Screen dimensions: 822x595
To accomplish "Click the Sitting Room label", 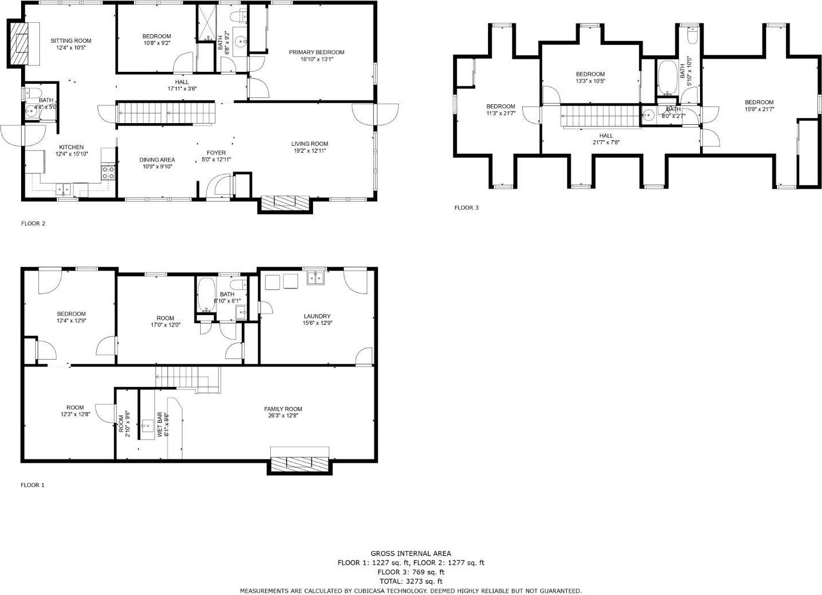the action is click(71, 40).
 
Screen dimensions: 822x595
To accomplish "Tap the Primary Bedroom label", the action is click(317, 52).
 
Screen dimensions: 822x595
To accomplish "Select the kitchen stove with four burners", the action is click(108, 173).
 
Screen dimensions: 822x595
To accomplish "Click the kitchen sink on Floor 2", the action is click(64, 190).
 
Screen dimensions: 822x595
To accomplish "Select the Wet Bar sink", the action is click(148, 426).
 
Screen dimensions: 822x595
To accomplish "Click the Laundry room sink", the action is click(316, 278).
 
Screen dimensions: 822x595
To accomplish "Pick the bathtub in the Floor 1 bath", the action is click(206, 294).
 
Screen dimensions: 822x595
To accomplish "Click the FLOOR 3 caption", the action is click(466, 207).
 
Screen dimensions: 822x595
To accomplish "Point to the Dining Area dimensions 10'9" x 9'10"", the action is click(157, 166).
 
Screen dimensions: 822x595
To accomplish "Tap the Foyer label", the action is click(216, 153).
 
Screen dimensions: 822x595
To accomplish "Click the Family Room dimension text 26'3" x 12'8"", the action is click(283, 415).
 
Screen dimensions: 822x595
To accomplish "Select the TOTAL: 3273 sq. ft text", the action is click(411, 581).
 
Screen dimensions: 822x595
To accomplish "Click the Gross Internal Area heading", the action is click(411, 553).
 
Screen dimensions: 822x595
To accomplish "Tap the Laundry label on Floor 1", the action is click(317, 316).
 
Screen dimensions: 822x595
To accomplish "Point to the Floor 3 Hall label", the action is click(606, 136).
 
